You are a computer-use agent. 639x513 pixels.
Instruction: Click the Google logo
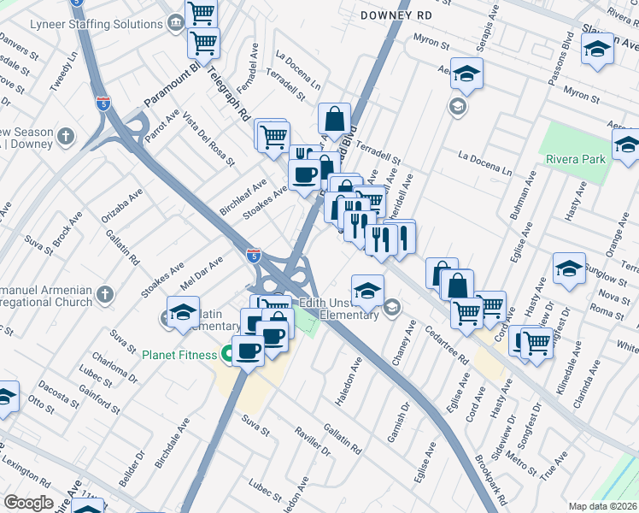point(28,502)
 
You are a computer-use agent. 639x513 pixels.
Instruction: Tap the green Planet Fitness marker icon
point(228,353)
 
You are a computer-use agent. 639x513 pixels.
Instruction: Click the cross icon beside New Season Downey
point(67,135)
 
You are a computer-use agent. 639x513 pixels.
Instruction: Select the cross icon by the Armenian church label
point(104,296)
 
